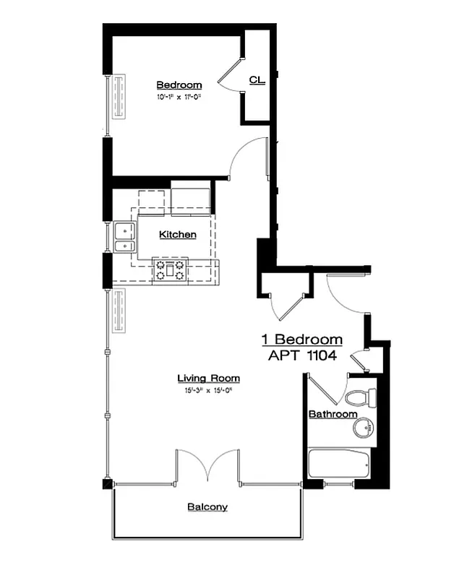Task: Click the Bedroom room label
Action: [x=179, y=85]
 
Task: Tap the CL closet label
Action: [x=257, y=79]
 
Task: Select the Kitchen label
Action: [x=178, y=235]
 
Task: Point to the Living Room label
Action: [x=208, y=379]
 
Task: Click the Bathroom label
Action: [x=333, y=414]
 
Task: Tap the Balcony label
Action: [x=207, y=507]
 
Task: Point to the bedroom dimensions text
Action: [x=178, y=96]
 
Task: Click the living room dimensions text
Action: [x=208, y=390]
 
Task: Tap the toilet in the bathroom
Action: [x=361, y=397]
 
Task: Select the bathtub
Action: [x=339, y=463]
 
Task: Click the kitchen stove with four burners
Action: [x=170, y=271]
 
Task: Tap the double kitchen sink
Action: [x=126, y=238]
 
